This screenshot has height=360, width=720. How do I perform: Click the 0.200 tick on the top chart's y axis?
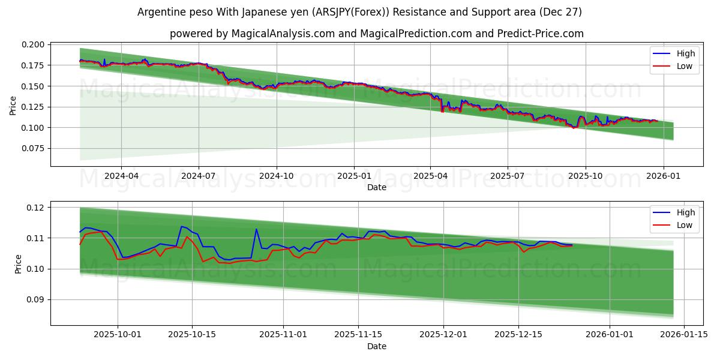[34, 45]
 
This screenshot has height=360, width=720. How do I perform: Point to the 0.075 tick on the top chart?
[34, 149]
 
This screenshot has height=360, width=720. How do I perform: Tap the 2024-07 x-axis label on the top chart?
[199, 176]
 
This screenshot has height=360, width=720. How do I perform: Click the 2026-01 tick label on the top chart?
[663, 176]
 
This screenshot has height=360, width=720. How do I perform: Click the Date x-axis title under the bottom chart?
[377, 346]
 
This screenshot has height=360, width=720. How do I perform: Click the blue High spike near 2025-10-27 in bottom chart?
[256, 229]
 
